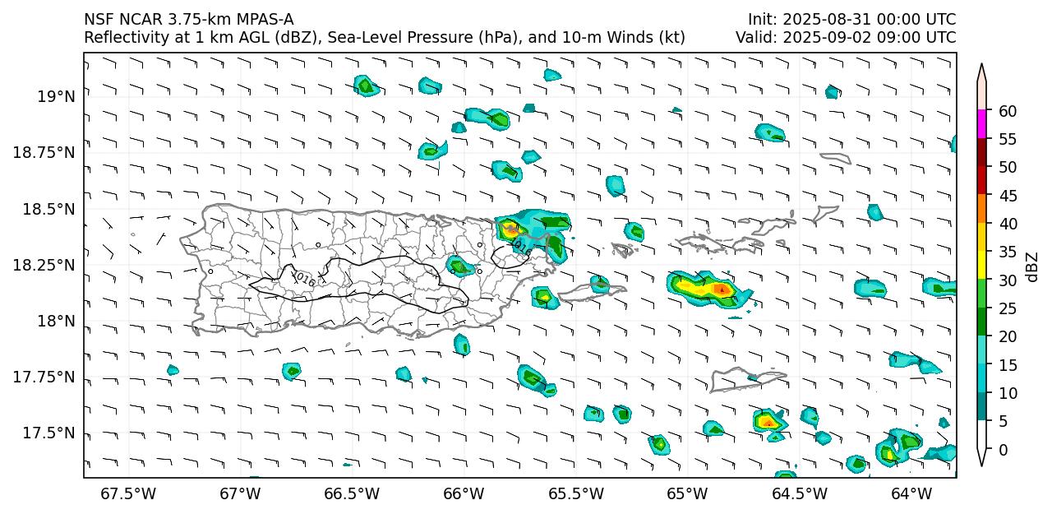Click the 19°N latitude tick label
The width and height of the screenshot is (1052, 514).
pos(56,97)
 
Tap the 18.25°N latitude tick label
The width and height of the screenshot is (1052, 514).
pos(45,265)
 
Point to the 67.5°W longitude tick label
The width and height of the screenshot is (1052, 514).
pos(128,494)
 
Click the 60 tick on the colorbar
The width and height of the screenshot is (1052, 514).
pos(1007,111)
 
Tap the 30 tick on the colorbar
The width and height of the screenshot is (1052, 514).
pos(1007,280)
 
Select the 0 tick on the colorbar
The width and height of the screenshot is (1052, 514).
pos(1003,450)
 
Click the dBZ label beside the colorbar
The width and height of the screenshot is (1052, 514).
pos(1032,266)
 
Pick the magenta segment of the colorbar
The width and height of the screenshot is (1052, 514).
pos(981,125)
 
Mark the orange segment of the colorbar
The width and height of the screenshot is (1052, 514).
pos(981,210)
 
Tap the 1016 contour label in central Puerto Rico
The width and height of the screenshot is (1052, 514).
pos(303,279)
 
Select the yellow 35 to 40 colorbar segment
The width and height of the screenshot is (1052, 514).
pos(981,238)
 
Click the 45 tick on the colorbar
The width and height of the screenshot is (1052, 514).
pos(1007,196)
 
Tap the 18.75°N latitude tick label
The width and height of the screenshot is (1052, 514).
pos(45,153)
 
